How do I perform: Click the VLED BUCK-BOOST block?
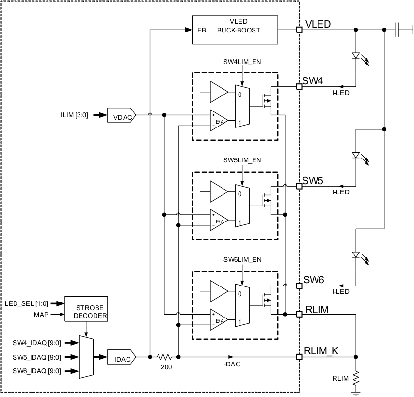pos(235,30)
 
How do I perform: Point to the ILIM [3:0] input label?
pos(74,115)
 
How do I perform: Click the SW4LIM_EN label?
pos(242,61)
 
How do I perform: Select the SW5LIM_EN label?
pos(242,160)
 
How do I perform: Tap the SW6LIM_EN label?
pos(242,259)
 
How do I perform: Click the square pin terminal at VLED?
pos(299,30)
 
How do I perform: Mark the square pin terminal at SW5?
pos(299,186)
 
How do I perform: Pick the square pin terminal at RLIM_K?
pos(299,357)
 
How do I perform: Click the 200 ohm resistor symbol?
pos(164,357)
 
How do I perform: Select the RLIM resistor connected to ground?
pos(356,377)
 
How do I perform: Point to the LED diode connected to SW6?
pos(356,254)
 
